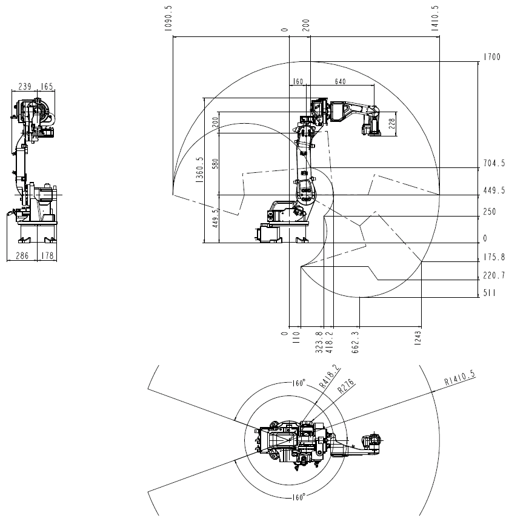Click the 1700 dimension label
[491, 58]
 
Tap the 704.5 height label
[493, 163]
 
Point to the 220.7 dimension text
[493, 276]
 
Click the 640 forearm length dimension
[340, 82]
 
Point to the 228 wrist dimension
[391, 124]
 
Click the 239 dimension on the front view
[25, 87]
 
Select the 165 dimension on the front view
[47, 87]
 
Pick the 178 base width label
[47, 256]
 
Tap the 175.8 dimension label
[493, 257]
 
